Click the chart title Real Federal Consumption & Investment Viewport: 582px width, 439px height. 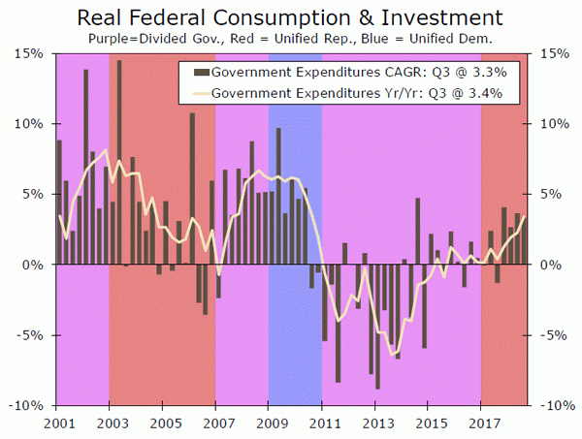click(290, 17)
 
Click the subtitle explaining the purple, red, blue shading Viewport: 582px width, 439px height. click(290, 39)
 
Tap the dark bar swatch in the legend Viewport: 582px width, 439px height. click(200, 74)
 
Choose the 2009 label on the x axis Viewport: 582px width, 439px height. click(269, 423)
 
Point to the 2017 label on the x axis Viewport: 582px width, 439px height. click(481, 423)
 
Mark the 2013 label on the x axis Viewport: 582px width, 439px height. click(375, 423)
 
